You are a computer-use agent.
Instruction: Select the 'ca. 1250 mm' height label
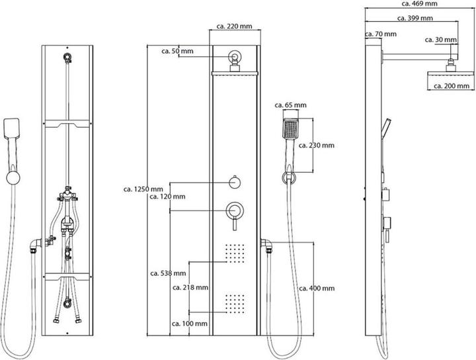point(143,189)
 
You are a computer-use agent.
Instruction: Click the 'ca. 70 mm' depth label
point(381,34)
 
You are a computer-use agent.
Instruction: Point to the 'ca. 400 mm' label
point(317,289)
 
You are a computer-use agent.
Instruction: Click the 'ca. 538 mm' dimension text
point(168,273)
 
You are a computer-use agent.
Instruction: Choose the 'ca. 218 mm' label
point(190,288)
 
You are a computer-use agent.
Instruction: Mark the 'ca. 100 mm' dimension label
point(190,324)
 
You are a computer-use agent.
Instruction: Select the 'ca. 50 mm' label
point(178,50)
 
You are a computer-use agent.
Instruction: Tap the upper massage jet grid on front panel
point(235,253)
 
